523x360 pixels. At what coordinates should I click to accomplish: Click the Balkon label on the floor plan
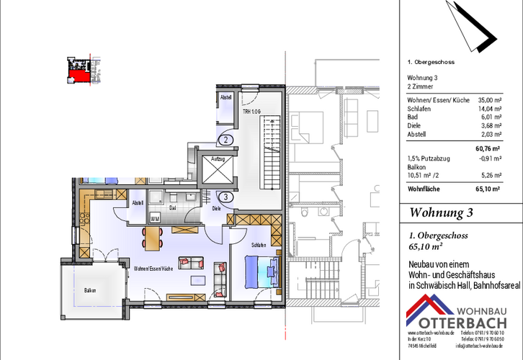[89, 290]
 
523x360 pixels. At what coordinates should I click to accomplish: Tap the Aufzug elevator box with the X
[218, 170]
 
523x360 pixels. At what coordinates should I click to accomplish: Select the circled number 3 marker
[225, 196]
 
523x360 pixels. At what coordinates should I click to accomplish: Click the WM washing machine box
[155, 217]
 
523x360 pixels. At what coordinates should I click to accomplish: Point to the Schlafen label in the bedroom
[259, 246]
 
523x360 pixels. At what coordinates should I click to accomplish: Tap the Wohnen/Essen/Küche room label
[153, 267]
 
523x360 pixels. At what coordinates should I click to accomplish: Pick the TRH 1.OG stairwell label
[251, 112]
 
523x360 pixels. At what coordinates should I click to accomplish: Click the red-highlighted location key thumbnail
[79, 69]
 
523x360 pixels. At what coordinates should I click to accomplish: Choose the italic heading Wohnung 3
[441, 212]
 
